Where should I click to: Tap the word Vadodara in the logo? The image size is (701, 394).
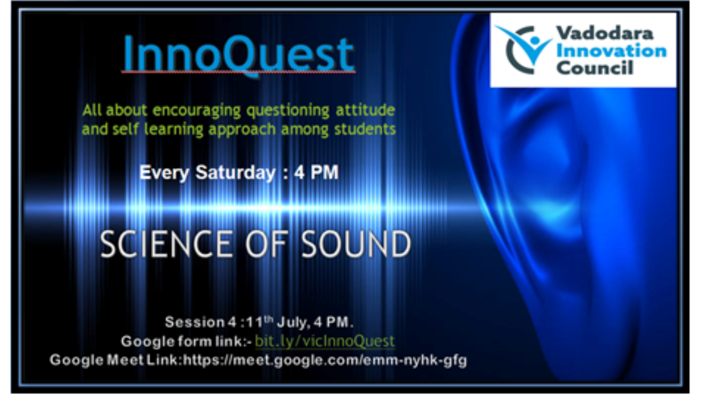tap(605, 33)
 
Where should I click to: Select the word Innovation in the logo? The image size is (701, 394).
tap(611, 51)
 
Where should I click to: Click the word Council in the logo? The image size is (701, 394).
tap(595, 67)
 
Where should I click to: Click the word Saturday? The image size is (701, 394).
tap(235, 173)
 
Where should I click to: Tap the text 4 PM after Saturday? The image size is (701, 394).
tap(316, 172)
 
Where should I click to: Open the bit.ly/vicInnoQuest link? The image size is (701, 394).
tap(325, 341)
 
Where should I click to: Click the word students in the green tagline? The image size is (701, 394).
tap(365, 129)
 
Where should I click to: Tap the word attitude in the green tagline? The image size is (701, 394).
tap(365, 110)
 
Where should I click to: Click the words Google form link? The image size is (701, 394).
tap(184, 341)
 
